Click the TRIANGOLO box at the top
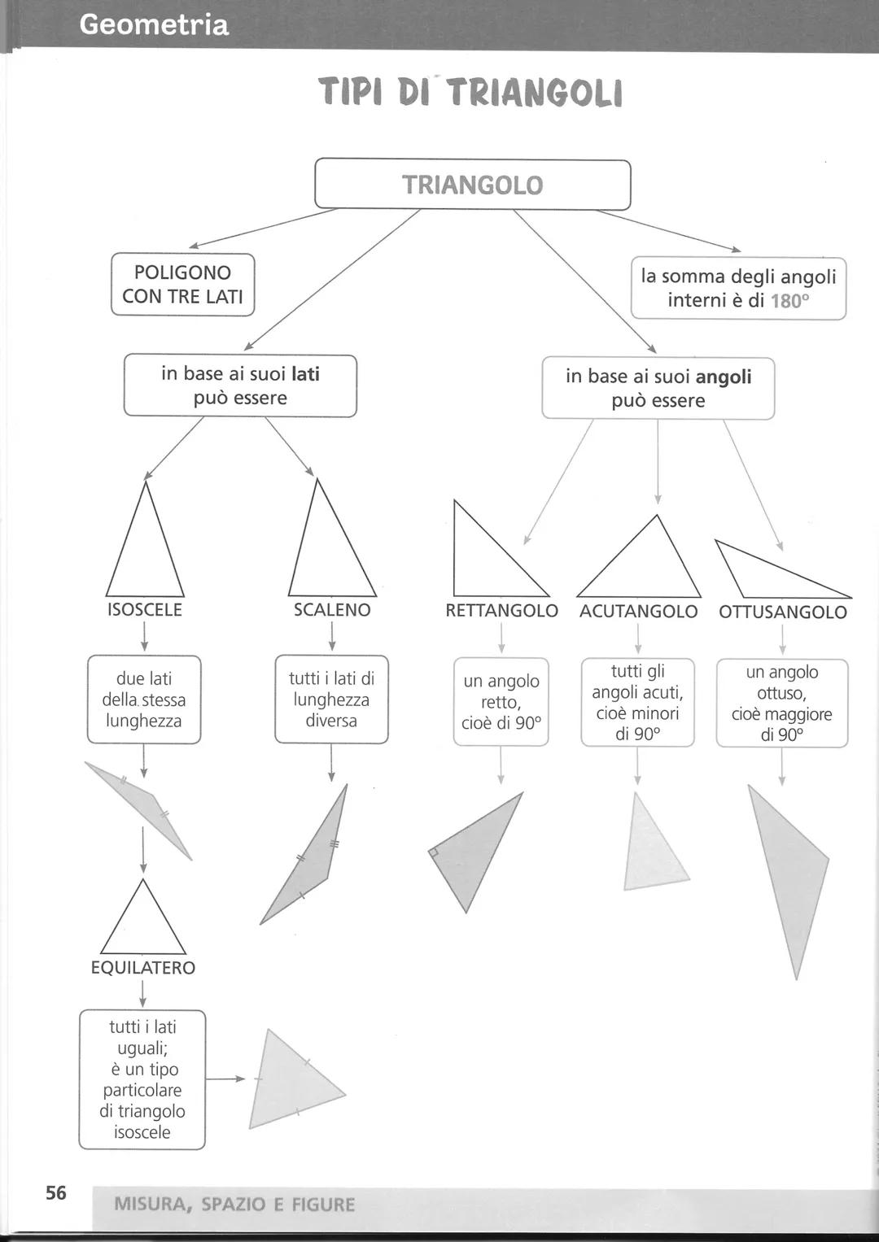click(472, 185)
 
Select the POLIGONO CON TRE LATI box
click(182, 284)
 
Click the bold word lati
click(306, 374)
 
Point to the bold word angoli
click(724, 377)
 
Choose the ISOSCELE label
click(145, 610)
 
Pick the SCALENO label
click(332, 610)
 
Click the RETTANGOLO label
click(501, 611)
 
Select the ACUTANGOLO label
click(638, 612)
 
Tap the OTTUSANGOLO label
click(783, 612)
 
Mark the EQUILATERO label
click(143, 968)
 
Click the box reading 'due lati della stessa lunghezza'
click(144, 699)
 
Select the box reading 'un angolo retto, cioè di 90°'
click(501, 702)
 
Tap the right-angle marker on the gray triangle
click(434, 852)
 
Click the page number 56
click(56, 1193)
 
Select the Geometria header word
click(154, 24)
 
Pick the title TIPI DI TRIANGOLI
click(470, 92)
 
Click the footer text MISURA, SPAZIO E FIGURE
click(234, 1205)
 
